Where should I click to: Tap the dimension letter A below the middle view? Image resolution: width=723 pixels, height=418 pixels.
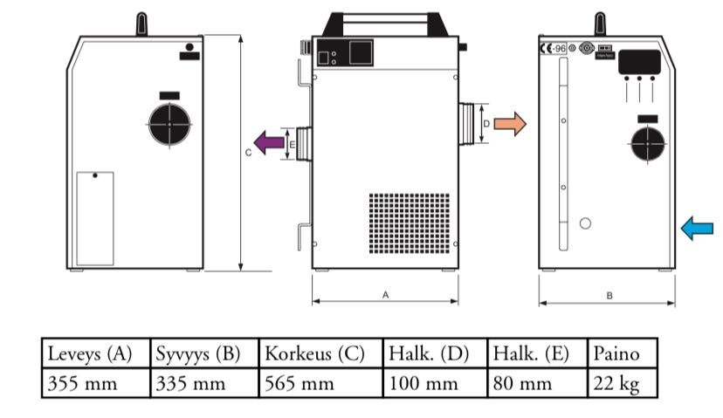(385, 295)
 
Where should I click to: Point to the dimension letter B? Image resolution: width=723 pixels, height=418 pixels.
(609, 296)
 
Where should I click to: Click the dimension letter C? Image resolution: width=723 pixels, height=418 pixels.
(249, 151)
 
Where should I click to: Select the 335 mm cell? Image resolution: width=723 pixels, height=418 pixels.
(204, 383)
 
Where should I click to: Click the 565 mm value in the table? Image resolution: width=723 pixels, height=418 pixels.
(320, 383)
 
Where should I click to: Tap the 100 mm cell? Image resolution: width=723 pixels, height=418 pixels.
(435, 383)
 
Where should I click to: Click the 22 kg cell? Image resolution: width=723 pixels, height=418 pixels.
(622, 383)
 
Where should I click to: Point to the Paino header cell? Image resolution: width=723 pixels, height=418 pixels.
(622, 354)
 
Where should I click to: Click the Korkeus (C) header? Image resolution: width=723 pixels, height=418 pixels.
(320, 354)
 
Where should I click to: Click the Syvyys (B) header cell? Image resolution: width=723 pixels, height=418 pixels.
(204, 354)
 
